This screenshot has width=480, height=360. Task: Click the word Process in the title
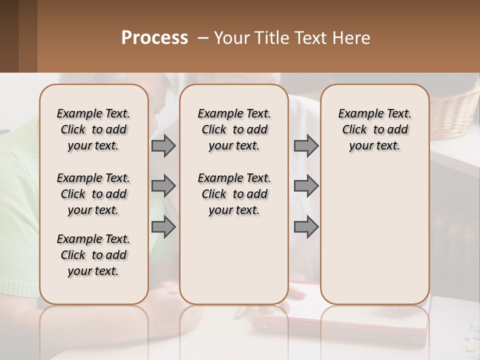coord(154,38)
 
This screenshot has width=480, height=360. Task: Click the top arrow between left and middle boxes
coord(163,146)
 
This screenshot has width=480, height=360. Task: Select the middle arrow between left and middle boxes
coord(163,186)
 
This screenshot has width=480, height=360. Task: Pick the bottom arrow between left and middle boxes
coord(163,227)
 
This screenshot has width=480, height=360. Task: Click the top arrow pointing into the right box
coord(306,146)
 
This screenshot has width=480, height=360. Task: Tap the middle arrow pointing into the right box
coord(306,186)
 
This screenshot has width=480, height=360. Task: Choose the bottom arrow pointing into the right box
coord(306,227)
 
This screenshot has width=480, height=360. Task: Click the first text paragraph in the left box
coord(93,129)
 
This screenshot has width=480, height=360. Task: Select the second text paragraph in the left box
coord(93,194)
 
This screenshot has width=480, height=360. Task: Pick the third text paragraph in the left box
coord(93,255)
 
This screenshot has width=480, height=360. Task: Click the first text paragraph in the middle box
coord(234,129)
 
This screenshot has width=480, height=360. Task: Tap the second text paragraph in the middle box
coord(234,194)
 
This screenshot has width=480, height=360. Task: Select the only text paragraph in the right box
coord(374,129)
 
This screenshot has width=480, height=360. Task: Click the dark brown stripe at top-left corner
coord(9,35)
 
